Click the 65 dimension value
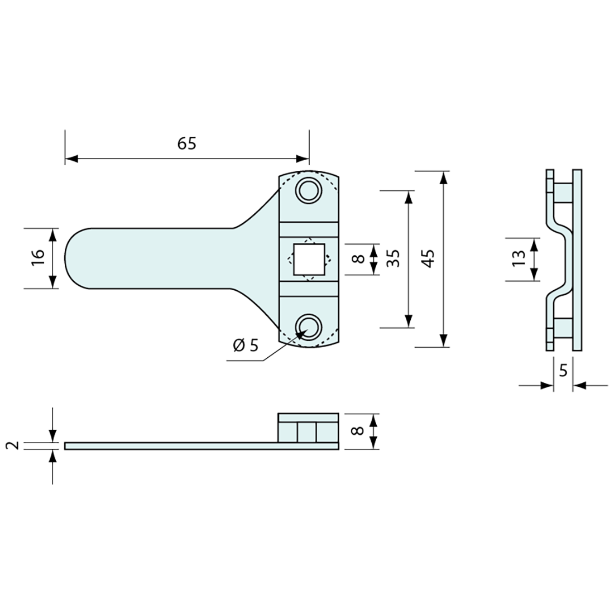tap(187, 143)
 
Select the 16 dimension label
tap(39, 258)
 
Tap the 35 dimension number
tap(393, 258)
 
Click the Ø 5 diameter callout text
tap(246, 345)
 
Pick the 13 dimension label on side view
tap(519, 258)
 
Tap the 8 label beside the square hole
tap(359, 259)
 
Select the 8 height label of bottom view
tap(358, 431)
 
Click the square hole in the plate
tap(309, 259)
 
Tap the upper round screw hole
tap(309, 191)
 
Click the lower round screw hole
tap(309, 327)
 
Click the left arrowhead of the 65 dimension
tap(71, 159)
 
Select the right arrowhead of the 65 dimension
tap(303, 159)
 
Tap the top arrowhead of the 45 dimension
tap(443, 178)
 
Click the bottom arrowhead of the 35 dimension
tap(409, 321)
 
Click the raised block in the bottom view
tap(308, 428)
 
